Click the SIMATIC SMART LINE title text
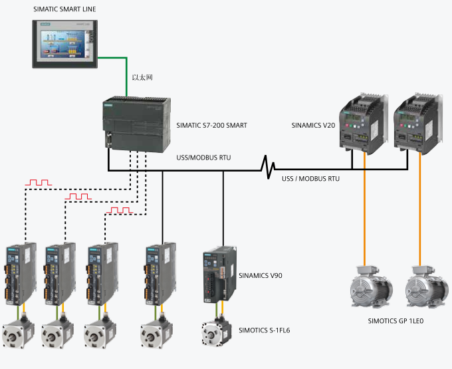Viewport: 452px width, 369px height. coord(64,9)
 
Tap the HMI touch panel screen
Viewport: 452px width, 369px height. coord(63,44)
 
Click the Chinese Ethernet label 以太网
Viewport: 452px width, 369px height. coord(142,78)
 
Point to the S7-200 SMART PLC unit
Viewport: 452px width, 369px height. coord(137,124)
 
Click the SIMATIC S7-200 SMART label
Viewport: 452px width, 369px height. coord(211,126)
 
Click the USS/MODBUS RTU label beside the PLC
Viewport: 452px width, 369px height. coord(203,158)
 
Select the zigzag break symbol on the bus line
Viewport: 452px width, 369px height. coord(267,167)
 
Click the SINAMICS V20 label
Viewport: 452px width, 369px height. coord(313,126)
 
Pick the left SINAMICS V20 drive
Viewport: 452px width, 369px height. coord(363,124)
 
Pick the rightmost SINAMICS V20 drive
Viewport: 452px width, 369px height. coord(418,124)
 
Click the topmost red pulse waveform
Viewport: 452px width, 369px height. coord(39,182)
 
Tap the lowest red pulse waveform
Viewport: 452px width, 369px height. coord(120,210)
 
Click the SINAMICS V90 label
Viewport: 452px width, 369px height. coord(261,276)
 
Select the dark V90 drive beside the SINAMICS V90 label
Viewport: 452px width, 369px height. coord(219,274)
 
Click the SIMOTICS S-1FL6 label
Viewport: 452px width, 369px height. coord(265,330)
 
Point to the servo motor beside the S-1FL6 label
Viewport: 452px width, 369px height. coord(217,332)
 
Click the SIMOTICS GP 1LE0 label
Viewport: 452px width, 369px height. coord(395,321)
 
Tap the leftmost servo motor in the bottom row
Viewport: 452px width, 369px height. coord(19,332)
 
